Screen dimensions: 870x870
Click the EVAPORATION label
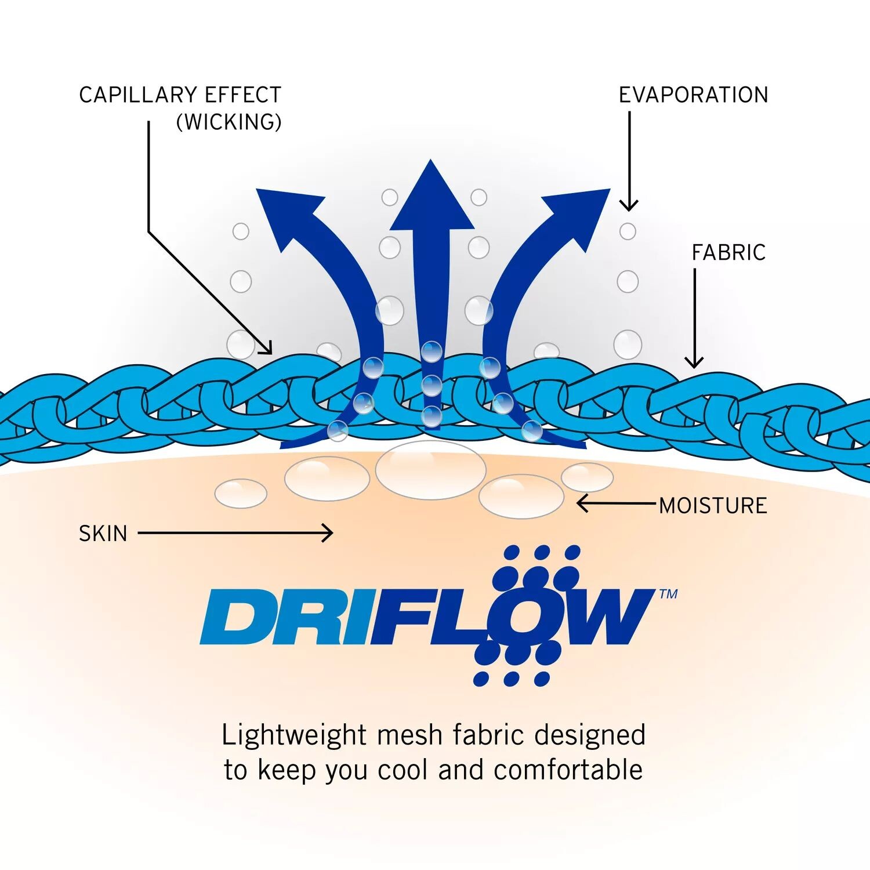[x=693, y=95]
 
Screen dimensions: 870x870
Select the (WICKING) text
[x=229, y=122]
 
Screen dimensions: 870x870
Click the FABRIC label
[x=728, y=252]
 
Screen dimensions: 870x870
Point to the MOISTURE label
[x=713, y=505]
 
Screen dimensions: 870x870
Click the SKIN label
[x=103, y=534]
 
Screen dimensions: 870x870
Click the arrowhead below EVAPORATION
[x=629, y=206]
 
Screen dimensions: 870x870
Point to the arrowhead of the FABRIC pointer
[x=694, y=363]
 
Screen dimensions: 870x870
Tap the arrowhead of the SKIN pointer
[x=328, y=533]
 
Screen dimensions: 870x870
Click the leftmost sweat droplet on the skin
[x=241, y=494]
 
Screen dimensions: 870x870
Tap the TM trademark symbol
[x=668, y=593]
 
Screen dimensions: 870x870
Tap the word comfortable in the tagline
[x=568, y=770]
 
